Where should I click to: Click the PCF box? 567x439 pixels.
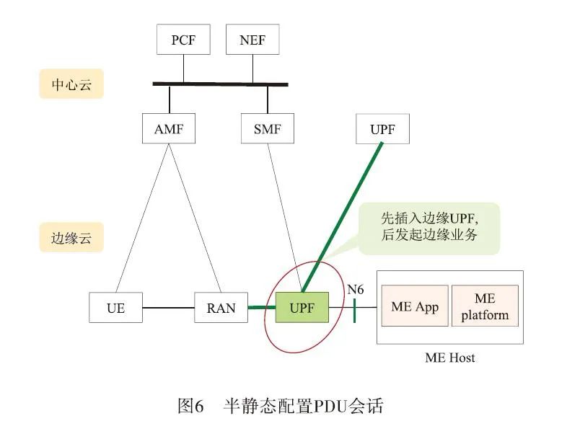pos(183,40)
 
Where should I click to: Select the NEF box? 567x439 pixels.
pos(252,40)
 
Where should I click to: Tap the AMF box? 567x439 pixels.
pos(170,130)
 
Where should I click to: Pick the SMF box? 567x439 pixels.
pos(268,130)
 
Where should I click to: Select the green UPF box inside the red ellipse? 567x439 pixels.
pos(302,308)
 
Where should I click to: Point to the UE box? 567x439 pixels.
pos(115,308)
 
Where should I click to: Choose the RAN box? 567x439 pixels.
pos(221,308)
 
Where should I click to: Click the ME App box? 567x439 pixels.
pos(415,306)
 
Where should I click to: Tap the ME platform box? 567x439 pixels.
pos(485,306)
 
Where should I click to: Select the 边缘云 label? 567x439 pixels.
pos(71,238)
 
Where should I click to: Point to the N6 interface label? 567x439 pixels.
pos(355,290)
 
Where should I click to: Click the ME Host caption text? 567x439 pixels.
pos(449,357)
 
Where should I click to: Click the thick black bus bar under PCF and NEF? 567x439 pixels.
pos(220,84)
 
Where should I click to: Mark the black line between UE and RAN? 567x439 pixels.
pos(169,309)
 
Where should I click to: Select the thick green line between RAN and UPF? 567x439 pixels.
pos(262,308)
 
